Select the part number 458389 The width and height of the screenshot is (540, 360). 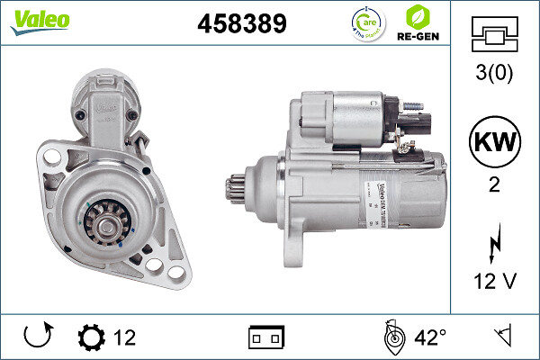(241, 23)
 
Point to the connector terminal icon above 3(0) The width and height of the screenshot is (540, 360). (497, 35)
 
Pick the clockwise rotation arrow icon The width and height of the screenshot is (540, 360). (37, 337)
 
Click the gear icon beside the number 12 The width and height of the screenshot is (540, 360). (91, 337)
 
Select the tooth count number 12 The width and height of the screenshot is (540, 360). (124, 337)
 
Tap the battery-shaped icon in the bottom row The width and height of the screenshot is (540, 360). (265, 337)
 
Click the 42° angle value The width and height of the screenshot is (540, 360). (430, 337)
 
